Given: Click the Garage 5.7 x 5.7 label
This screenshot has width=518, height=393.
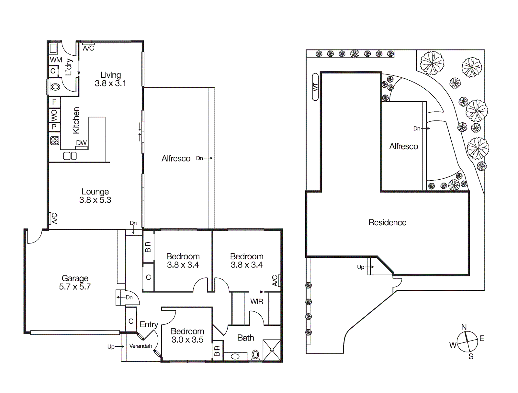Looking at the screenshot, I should coord(75,282).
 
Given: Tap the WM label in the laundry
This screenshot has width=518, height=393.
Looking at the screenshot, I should coord(56,60).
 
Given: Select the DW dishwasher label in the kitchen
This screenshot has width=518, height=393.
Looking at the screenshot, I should coord(81,143).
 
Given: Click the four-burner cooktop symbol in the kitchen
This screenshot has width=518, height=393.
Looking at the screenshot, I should coord(55,140).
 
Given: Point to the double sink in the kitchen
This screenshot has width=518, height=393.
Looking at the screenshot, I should coord(70,156).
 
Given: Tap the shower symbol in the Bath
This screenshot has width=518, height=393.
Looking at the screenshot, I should coord(272,350).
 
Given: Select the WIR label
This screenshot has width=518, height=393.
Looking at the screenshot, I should coord(256,301).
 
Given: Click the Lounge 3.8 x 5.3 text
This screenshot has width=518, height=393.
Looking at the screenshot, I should coord(95,196).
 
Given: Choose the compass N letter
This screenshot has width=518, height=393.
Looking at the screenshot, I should coord(464,327).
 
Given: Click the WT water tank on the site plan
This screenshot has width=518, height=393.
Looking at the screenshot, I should coord(315,87).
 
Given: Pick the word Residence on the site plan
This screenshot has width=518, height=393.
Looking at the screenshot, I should coord(387,222).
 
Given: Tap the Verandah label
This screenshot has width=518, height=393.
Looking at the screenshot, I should coord(141,346).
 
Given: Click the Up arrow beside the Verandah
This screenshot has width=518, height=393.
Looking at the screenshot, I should coord(116,347).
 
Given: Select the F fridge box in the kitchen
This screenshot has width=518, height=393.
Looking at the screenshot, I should coord(54,102).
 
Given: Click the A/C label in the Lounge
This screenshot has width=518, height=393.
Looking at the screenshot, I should coord(54,218).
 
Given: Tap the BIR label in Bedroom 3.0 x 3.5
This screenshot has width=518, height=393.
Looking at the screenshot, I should coord(217,351).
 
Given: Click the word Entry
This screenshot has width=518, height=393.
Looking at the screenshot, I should coord(149,324).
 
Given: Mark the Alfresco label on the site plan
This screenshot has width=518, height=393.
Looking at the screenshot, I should coord(403,146).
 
